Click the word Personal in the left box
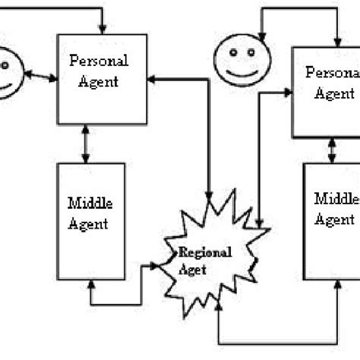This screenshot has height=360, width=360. [99, 60]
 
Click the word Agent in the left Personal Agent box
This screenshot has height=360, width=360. [99, 81]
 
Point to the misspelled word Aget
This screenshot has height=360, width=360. [191, 267]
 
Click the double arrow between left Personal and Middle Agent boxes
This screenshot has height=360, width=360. [85, 144]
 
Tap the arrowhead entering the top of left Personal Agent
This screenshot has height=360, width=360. [103, 28]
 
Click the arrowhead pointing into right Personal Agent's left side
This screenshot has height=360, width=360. [289, 92]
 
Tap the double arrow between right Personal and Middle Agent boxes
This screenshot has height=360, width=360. [332, 151]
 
